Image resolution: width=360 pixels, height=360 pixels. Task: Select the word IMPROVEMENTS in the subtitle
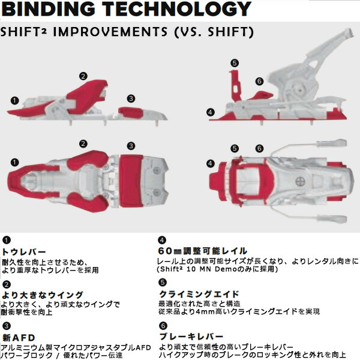112,31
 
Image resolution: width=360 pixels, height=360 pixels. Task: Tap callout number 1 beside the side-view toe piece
14,101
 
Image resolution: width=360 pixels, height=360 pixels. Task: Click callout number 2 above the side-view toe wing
83,76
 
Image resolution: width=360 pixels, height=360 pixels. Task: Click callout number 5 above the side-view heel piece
235,62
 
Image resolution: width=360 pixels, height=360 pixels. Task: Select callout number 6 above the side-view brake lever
259,81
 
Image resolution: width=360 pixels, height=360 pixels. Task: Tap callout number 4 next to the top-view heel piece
210,163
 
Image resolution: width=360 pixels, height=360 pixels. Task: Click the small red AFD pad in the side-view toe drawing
130,112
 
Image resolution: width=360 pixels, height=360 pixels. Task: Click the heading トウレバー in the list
25,251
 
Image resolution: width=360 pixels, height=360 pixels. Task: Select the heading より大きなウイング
43,295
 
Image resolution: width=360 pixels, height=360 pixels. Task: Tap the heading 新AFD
17,337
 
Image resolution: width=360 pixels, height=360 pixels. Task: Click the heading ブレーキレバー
191,337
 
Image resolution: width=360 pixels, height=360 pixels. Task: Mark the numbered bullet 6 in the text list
163,326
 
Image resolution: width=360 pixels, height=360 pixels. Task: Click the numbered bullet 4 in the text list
163,239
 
